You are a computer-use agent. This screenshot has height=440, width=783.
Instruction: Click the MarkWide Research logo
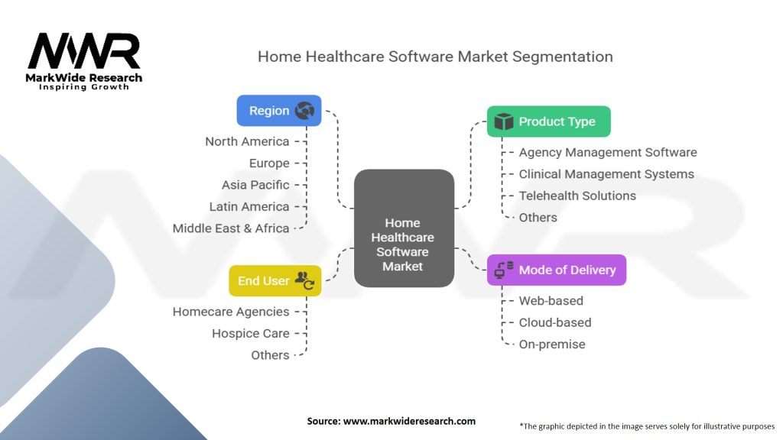[x=84, y=61]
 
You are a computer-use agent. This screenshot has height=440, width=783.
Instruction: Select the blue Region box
[x=279, y=111]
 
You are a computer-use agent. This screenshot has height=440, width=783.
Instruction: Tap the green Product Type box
[x=548, y=121]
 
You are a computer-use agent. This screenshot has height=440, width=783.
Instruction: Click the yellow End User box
[x=275, y=281]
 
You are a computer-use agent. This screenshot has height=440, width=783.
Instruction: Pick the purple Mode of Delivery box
[x=556, y=270]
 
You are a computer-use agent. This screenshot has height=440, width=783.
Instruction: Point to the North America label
[x=247, y=141]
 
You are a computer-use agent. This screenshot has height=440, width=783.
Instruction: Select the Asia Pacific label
[x=255, y=185]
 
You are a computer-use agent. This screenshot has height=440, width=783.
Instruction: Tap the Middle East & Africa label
[x=231, y=228]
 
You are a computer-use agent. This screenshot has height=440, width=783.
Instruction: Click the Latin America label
[x=249, y=206]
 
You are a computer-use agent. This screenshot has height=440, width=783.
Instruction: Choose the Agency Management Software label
[x=608, y=153]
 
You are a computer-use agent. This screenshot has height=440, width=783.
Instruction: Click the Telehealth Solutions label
[x=577, y=196]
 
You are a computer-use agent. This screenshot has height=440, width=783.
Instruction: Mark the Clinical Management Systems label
[x=606, y=174]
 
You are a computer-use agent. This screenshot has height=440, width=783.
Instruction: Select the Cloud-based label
[x=555, y=322]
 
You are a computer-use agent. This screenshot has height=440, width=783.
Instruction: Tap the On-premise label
[x=552, y=345]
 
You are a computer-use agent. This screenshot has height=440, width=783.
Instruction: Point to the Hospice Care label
[x=251, y=334]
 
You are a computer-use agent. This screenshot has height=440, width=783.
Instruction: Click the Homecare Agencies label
[x=231, y=312]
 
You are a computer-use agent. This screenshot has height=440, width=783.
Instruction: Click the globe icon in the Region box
[x=305, y=111]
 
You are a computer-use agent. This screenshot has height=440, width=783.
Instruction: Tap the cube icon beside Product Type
[x=503, y=121]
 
